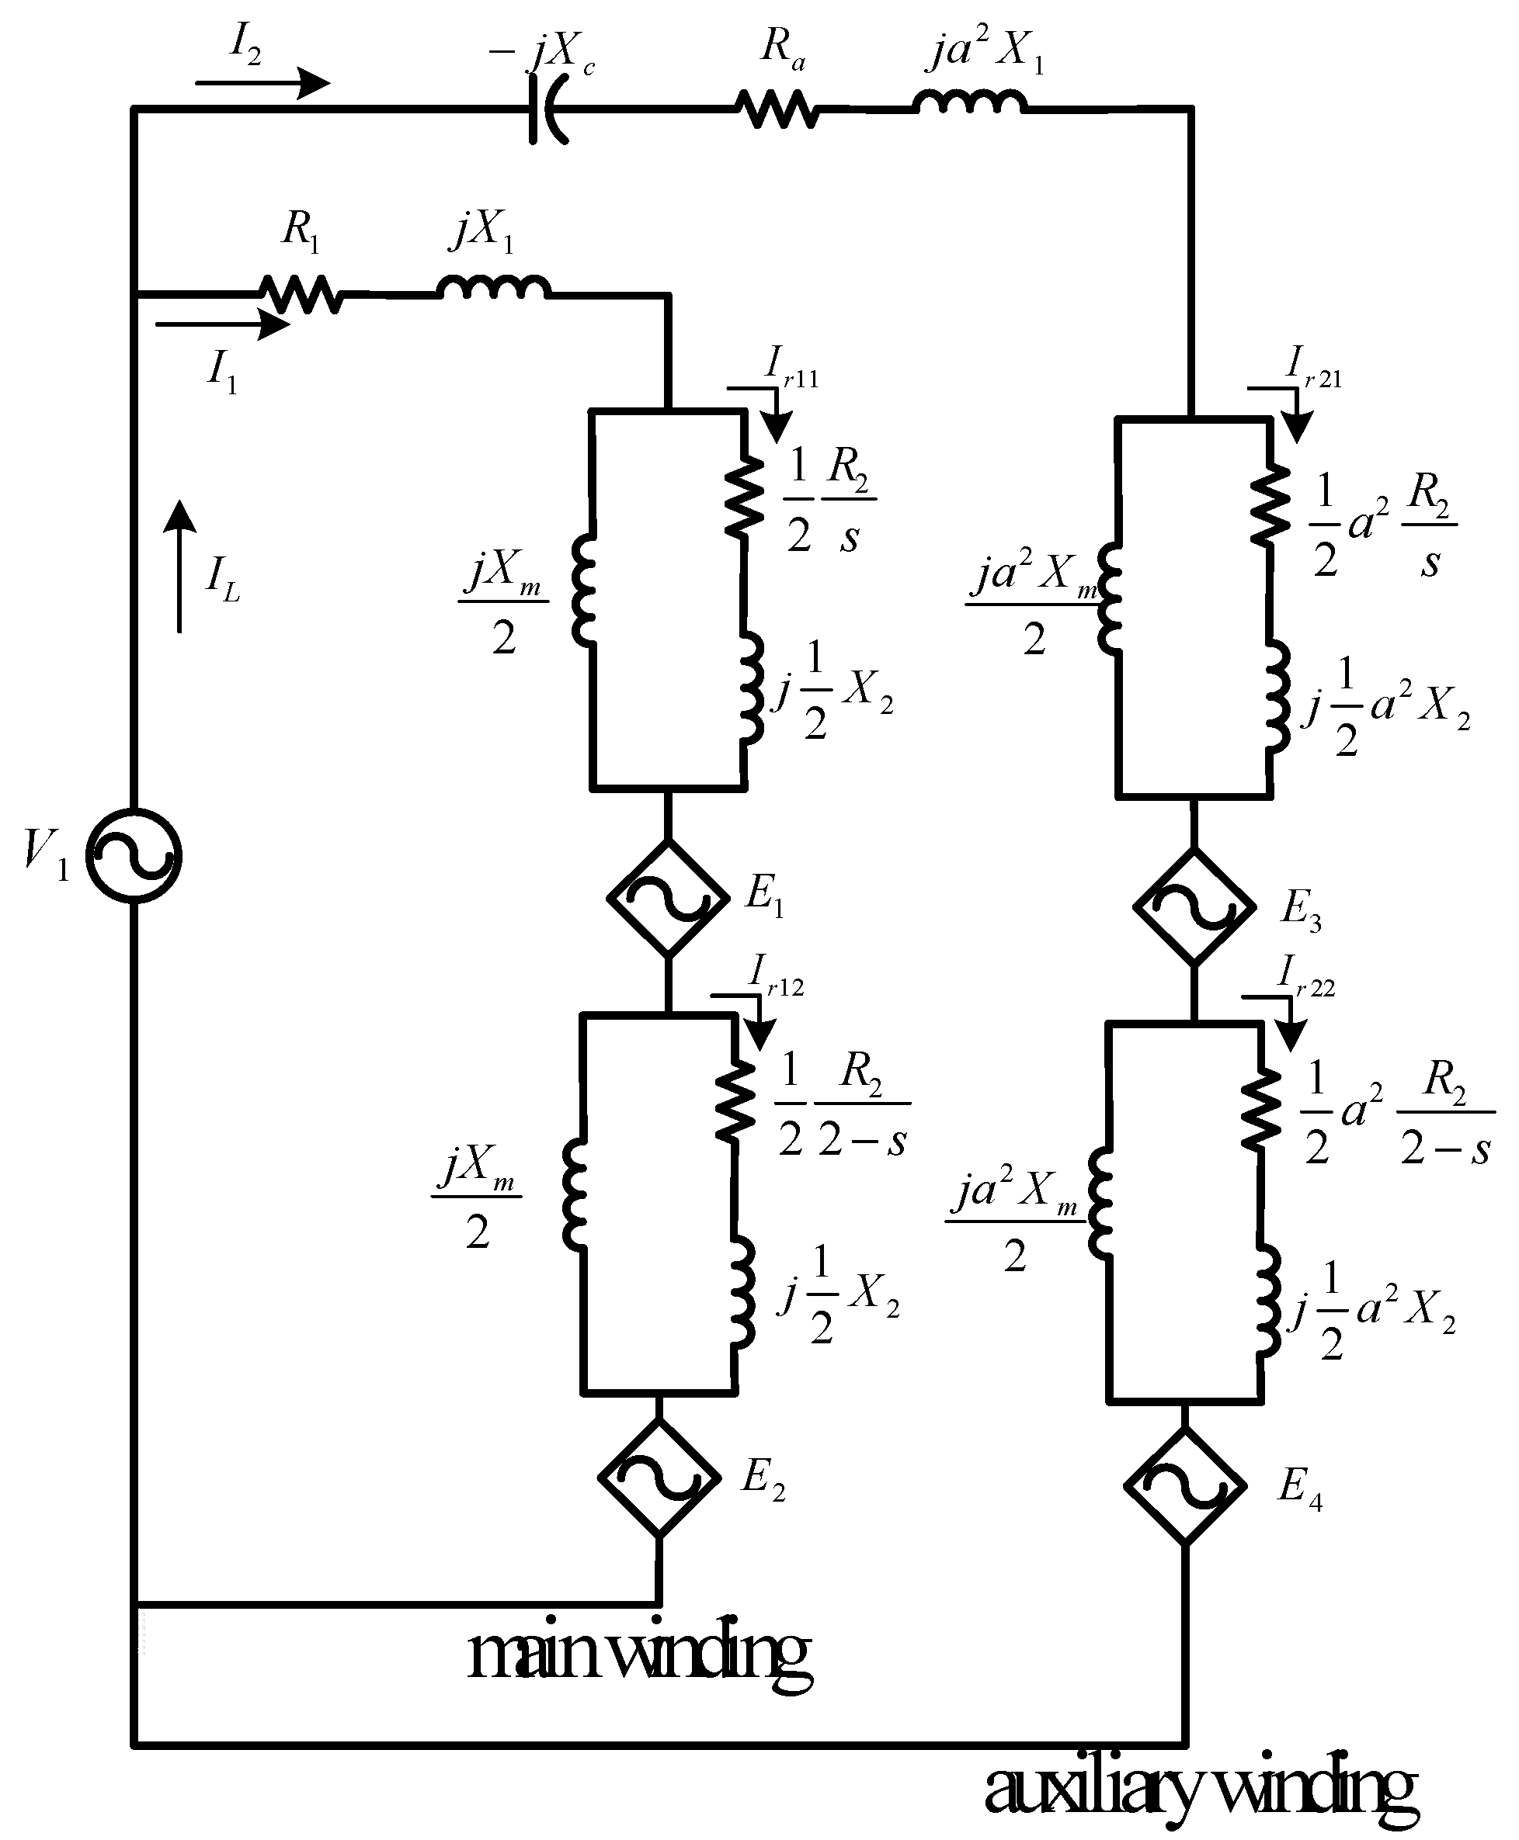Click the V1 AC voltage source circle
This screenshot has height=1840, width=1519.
click(134, 855)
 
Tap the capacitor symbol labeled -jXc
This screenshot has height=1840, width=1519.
click(546, 109)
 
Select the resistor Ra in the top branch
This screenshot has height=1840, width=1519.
click(778, 109)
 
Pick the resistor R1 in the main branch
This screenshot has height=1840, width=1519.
click(300, 294)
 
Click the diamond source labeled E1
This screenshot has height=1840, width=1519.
click(669, 897)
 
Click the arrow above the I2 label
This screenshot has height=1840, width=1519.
click(262, 84)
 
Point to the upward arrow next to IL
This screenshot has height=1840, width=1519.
click(180, 566)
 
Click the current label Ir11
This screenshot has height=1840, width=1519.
click(790, 367)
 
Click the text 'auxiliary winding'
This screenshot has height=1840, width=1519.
click(1200, 1786)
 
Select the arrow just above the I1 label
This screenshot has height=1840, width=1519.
click(222, 325)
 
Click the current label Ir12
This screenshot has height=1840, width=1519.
click(776, 976)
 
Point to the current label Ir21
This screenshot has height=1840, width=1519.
click(1312, 367)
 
